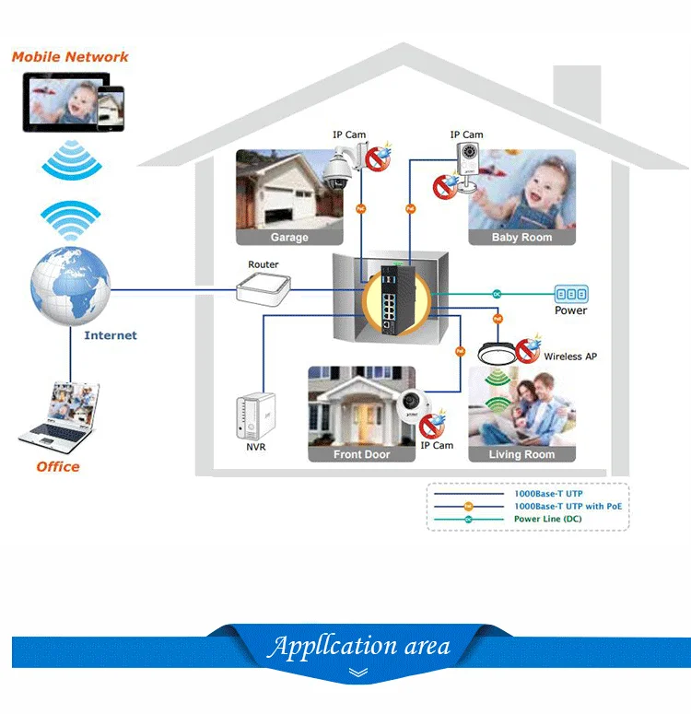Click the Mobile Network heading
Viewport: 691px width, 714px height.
(70, 57)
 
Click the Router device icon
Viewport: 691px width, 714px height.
(263, 288)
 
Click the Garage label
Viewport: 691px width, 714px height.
(289, 238)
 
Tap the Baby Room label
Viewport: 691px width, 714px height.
(521, 238)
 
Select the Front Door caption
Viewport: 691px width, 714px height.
(361, 454)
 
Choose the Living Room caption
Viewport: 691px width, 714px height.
(521, 454)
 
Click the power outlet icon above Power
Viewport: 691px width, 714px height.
(570, 294)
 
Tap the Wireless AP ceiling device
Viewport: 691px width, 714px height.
(499, 353)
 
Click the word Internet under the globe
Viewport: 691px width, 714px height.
(111, 335)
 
